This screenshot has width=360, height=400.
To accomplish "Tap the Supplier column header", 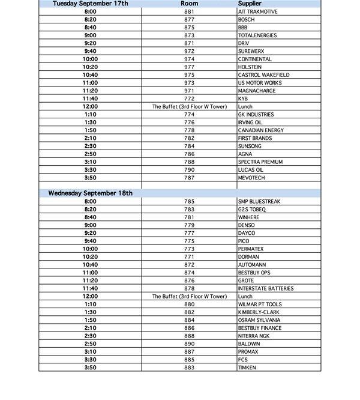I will point(250,4).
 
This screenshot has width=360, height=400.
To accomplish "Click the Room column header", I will point(189,4).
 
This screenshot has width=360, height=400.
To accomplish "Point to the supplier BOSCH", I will point(246,20).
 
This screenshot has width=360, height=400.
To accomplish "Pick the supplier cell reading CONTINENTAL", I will point(254,59).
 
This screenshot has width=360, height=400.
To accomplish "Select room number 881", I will point(189,12).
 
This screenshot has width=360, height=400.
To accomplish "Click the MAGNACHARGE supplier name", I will point(256,91).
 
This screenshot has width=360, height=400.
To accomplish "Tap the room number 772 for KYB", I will point(189,98).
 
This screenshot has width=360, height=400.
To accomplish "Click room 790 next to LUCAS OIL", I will point(189,170).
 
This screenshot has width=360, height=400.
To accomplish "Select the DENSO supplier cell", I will point(246,225).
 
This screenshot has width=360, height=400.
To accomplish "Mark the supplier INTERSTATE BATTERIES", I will point(266,289).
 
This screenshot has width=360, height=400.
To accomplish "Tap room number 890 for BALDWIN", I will point(189,344).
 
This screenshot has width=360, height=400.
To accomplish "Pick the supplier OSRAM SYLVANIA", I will point(259,320).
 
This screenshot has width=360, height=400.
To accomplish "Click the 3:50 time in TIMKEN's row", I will point(91,368).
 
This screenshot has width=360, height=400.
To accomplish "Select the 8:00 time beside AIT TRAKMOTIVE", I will point(91,12).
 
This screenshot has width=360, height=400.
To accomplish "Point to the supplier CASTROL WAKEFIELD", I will point(263,75).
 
